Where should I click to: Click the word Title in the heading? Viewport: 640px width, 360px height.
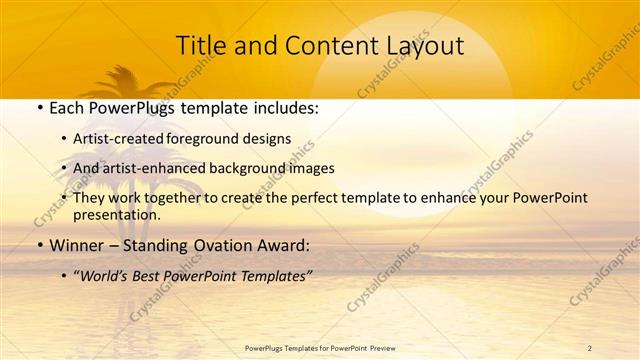click(x=199, y=45)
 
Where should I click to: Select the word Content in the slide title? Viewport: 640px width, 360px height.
click(x=322, y=45)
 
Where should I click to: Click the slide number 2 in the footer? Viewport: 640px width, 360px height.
click(x=590, y=347)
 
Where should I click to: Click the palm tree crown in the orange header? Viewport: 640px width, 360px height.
click(x=127, y=80)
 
